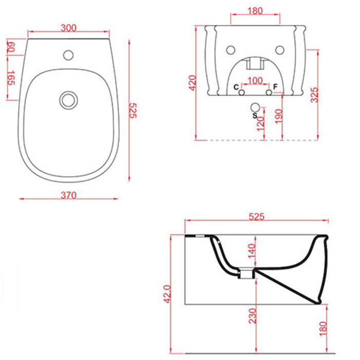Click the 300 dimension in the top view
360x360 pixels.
tap(68, 28)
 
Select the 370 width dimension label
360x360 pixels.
tap(68, 195)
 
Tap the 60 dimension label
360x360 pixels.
tap(11, 47)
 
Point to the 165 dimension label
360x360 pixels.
tap(11, 78)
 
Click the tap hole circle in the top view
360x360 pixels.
tap(68, 55)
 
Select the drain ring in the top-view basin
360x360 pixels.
tap(68, 100)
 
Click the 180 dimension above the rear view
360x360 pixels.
tap(255, 11)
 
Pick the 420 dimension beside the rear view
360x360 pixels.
tap(192, 83)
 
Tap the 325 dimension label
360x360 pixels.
tap(314, 95)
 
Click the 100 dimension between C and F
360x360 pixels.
tap(255, 81)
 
